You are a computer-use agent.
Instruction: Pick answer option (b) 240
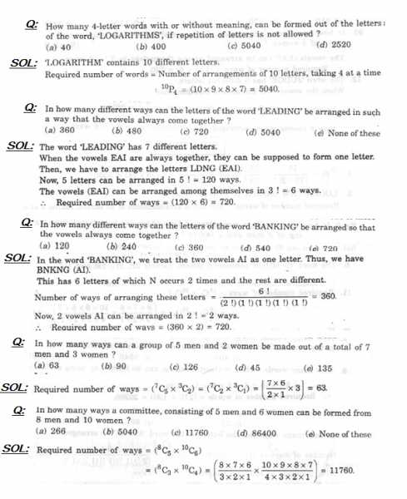pyautogui.click(x=122, y=247)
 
